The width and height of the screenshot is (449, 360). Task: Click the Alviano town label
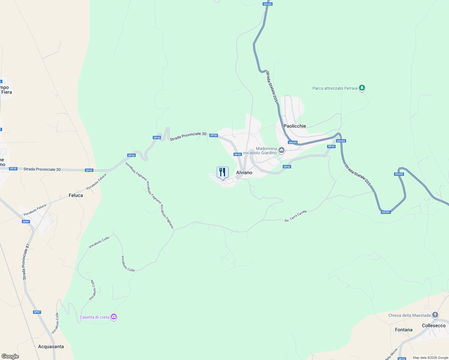244,172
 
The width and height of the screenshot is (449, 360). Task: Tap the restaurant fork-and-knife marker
222,172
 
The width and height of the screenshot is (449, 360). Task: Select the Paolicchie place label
295,126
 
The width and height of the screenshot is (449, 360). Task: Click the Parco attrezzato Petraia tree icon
362,88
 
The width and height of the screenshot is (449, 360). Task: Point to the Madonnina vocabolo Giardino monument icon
282,150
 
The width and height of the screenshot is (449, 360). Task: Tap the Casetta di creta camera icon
114,316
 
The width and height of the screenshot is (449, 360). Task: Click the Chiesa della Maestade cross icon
435,315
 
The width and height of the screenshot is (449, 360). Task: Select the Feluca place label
76,195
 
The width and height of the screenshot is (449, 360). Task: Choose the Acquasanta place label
51,346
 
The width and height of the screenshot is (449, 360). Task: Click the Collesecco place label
434,325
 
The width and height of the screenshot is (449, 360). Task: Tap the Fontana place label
404,330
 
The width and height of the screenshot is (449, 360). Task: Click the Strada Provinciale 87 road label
26,262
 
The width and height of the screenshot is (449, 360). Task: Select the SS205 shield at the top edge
267,4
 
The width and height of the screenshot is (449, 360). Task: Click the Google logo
10,356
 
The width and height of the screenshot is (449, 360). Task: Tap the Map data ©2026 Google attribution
430,358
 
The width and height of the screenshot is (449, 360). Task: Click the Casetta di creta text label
95,317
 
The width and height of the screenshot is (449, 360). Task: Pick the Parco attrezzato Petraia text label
335,88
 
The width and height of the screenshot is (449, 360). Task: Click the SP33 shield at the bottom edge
402,359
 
